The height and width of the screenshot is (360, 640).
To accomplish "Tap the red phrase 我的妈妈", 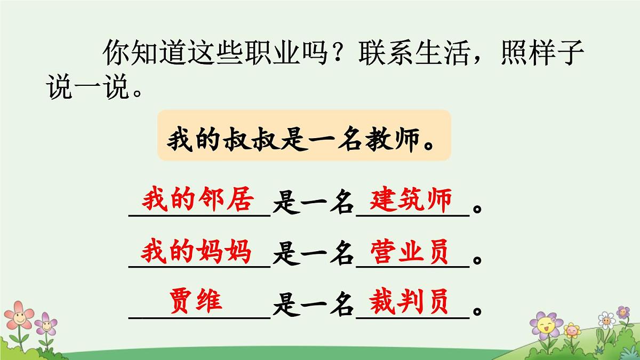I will [196, 251].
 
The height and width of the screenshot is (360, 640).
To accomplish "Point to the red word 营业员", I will [411, 251].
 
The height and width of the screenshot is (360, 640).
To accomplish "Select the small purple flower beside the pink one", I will [46, 324].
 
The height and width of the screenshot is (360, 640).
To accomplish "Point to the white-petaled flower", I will [606, 319].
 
